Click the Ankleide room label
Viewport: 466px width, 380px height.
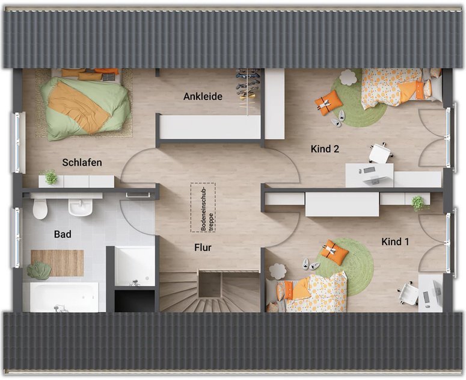click(203, 96)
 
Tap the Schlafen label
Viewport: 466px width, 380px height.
click(82, 162)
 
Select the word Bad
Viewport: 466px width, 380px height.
click(63, 234)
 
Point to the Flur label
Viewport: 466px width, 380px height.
click(203, 248)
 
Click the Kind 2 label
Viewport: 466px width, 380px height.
click(325, 149)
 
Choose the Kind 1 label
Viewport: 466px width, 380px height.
click(395, 241)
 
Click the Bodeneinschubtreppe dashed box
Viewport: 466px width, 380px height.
click(203, 207)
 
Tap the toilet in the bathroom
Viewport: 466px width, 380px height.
click(40, 208)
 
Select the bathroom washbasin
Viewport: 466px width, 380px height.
click(80, 207)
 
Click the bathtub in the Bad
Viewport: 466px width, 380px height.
click(64, 297)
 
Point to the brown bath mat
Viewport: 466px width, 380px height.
click(57, 263)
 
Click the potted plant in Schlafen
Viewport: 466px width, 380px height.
click(51, 177)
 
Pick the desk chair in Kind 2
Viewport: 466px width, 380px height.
click(381, 153)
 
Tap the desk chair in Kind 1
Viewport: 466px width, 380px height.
click(409, 293)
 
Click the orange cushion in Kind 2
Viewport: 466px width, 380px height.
click(328, 102)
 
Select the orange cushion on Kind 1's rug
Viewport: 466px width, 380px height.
click(336, 252)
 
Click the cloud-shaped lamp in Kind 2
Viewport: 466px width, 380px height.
click(349, 77)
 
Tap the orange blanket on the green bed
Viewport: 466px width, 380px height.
click(79, 107)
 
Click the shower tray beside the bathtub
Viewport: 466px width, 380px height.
click(135, 266)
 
